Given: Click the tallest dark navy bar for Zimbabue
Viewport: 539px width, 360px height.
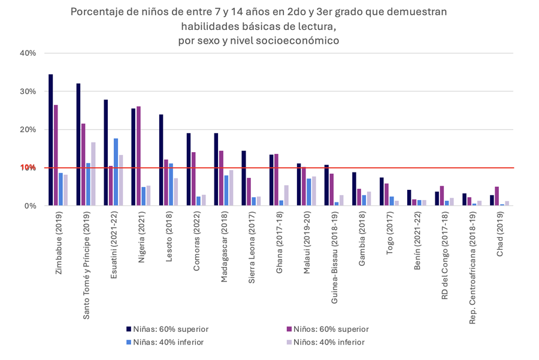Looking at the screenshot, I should click(x=51, y=140).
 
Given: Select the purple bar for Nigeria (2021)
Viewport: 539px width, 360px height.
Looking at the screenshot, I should click(x=139, y=156).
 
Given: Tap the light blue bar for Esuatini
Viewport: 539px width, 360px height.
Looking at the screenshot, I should click(x=116, y=172).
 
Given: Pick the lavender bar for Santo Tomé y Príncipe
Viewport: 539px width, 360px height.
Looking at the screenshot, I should click(x=93, y=174).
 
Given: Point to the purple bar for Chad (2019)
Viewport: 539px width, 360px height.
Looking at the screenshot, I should click(x=496, y=196).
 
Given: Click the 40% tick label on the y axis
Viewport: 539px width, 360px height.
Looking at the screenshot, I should click(x=28, y=53).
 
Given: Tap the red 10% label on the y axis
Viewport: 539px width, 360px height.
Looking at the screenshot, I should click(x=28, y=168).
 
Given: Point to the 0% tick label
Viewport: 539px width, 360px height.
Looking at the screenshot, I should click(x=30, y=206).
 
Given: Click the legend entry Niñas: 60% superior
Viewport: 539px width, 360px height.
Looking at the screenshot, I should click(x=165, y=329).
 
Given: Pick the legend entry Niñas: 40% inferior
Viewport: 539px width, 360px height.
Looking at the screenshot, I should click(x=165, y=342).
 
